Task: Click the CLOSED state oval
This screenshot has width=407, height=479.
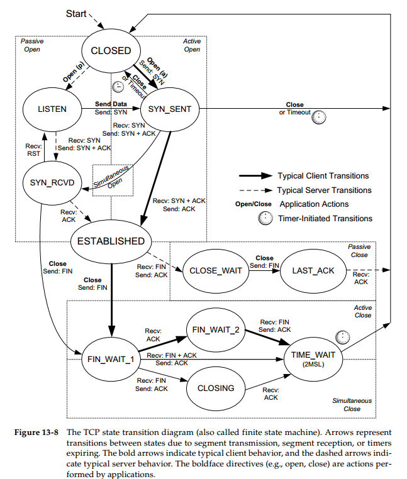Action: click(111, 50)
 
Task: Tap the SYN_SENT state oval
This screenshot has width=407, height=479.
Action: click(170, 109)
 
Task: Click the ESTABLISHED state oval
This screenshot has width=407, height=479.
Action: click(111, 241)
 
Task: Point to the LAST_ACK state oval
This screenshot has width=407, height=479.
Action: click(313, 270)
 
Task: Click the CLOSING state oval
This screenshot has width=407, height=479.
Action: click(216, 388)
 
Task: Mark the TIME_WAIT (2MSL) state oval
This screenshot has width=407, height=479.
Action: click(313, 358)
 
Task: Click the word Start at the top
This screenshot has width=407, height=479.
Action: click(77, 13)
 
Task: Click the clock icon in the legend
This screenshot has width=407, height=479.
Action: click(266, 218)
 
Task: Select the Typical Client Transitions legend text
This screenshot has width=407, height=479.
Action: click(323, 175)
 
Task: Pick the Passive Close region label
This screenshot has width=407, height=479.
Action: click(359, 251)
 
